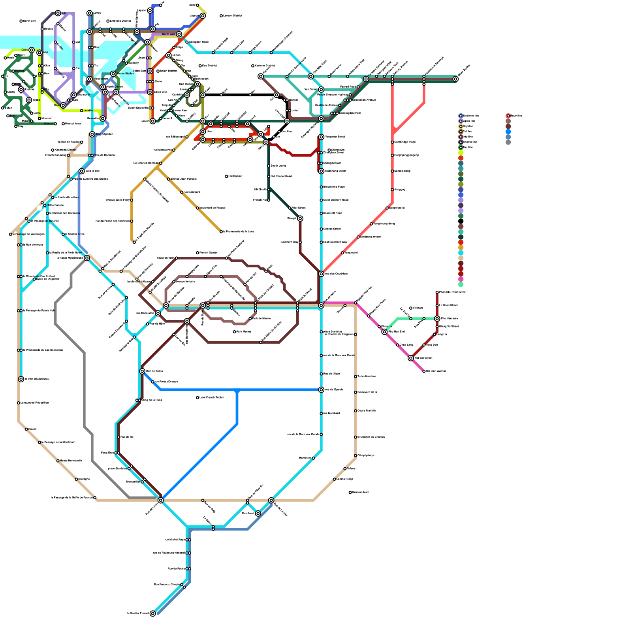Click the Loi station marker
click(58, 13)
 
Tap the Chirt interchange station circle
click(32, 50)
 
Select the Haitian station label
click(20, 71)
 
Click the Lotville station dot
click(82, 111)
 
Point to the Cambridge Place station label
click(405, 142)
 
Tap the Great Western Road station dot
click(321, 200)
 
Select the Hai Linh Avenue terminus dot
click(424, 371)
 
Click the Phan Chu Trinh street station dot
click(437, 292)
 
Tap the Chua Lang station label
click(406, 345)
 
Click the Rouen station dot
click(26, 429)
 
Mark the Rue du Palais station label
click(176, 568)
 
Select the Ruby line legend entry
click(516, 116)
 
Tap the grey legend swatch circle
click(508, 142)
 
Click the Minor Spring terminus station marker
click(455, 79)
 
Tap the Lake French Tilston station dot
click(197, 397)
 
